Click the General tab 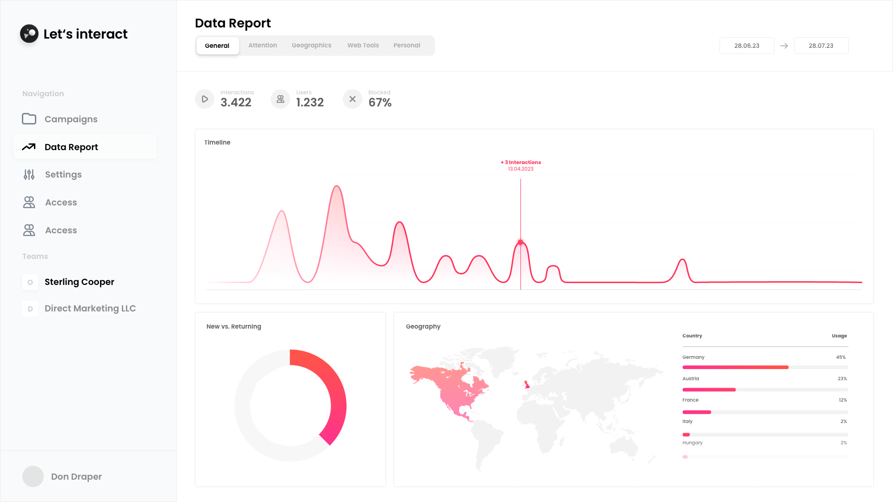click(217, 46)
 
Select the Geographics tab click(311, 46)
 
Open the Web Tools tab click(363, 46)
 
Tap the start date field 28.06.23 click(746, 46)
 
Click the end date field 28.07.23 click(821, 46)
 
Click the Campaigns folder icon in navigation click(29, 119)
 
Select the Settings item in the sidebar click(63, 175)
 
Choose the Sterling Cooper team click(79, 282)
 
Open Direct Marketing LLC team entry click(90, 309)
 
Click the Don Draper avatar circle click(33, 476)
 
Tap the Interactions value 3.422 click(236, 103)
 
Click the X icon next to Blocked click(353, 99)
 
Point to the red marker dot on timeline click(520, 242)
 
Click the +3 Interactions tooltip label click(521, 163)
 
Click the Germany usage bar click(735, 367)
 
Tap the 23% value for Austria click(842, 379)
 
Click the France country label click(690, 400)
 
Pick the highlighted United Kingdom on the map click(527, 384)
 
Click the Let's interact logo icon click(29, 33)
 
